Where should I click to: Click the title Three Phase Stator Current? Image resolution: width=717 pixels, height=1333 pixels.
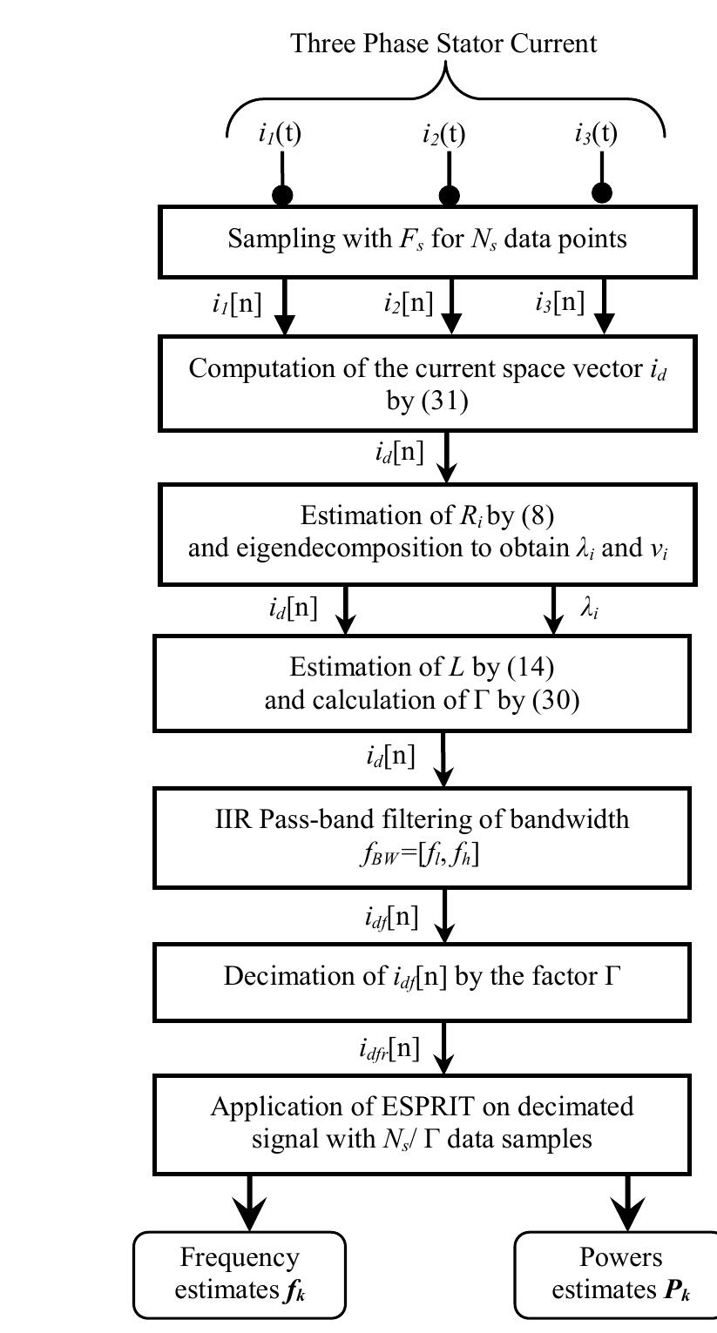click(444, 43)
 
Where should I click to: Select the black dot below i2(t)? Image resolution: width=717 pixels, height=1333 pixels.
click(450, 194)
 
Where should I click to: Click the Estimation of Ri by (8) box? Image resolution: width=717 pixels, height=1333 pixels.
click(428, 532)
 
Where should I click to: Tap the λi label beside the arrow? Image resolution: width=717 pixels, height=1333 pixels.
click(590, 609)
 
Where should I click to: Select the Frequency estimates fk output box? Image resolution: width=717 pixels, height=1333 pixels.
click(240, 1274)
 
